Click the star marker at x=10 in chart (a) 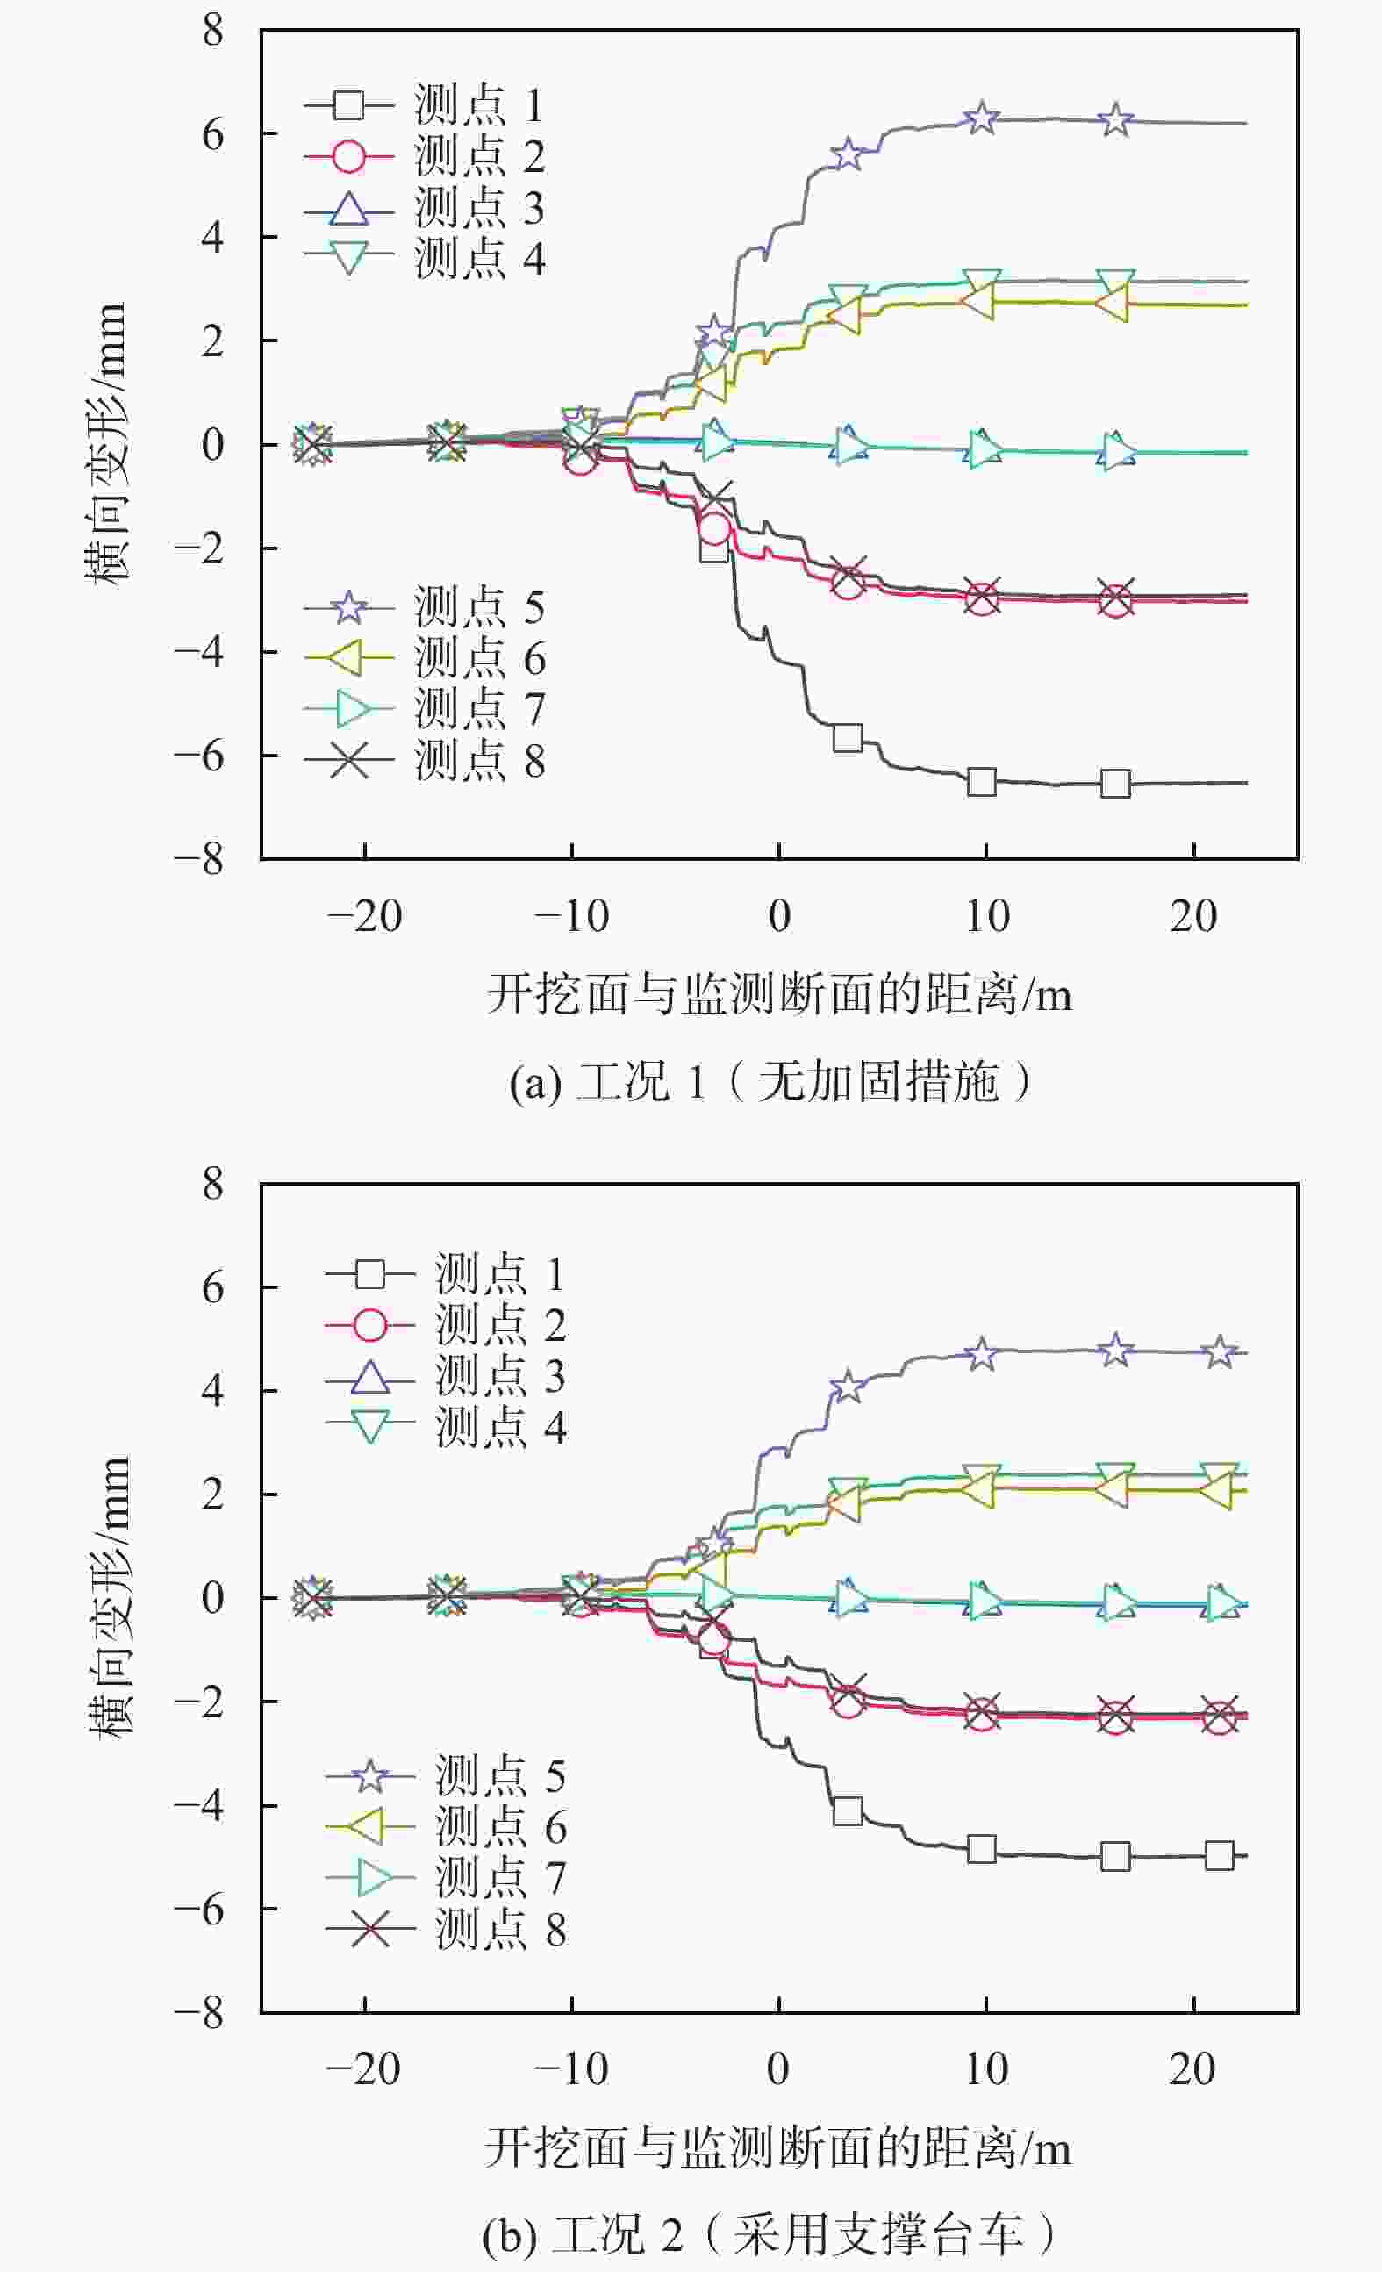click(982, 118)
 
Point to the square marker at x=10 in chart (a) click(982, 782)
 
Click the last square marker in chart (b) click(1219, 1855)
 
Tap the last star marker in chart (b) click(1220, 1351)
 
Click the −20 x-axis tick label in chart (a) click(365, 916)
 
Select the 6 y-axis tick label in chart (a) click(213, 134)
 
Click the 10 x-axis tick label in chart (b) click(986, 2070)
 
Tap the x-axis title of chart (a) click(779, 995)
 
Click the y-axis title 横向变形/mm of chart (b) click(109, 1596)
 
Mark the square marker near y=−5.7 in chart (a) click(848, 738)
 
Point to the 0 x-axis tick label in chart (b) click(778, 2070)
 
